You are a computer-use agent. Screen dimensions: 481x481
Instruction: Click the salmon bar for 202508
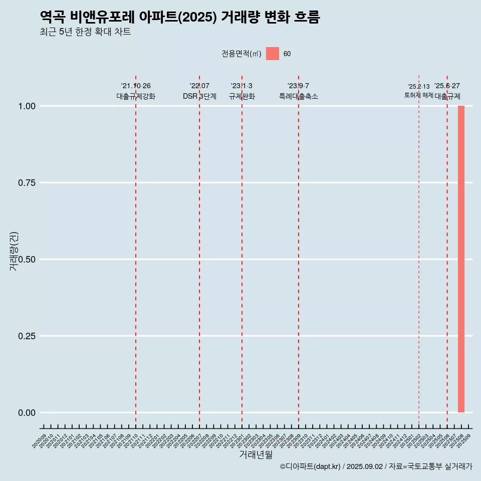coord(461,259)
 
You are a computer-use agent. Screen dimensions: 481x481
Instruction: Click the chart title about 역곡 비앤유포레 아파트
coord(179,17)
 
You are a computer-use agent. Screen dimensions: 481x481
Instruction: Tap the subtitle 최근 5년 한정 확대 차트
coord(85,32)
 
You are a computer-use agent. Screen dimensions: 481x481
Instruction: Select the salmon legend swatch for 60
coord(272,54)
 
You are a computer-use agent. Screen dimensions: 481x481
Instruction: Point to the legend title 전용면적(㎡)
coord(242,54)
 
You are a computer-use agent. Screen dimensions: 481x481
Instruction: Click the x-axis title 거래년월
coord(256,454)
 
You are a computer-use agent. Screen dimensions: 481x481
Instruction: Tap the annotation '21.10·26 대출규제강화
coord(136,91)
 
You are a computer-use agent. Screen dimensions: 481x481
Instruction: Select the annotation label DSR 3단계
coord(199,96)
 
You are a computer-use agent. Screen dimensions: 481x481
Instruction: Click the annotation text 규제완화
coord(242,96)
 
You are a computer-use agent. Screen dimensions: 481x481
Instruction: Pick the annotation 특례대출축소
coord(299,96)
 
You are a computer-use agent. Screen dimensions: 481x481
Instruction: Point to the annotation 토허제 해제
coord(419,95)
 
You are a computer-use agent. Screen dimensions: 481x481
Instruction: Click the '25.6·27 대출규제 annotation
coord(447,91)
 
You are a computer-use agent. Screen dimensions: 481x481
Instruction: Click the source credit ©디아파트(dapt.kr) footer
coord(376,466)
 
